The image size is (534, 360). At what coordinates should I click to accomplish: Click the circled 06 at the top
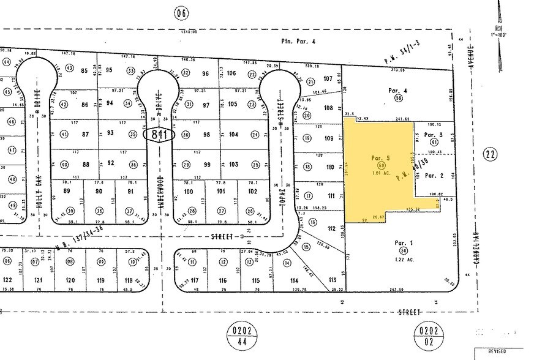coord(179,12)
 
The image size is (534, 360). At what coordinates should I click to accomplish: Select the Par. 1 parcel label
coord(404,243)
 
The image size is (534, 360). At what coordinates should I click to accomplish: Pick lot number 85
coord(85,70)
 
